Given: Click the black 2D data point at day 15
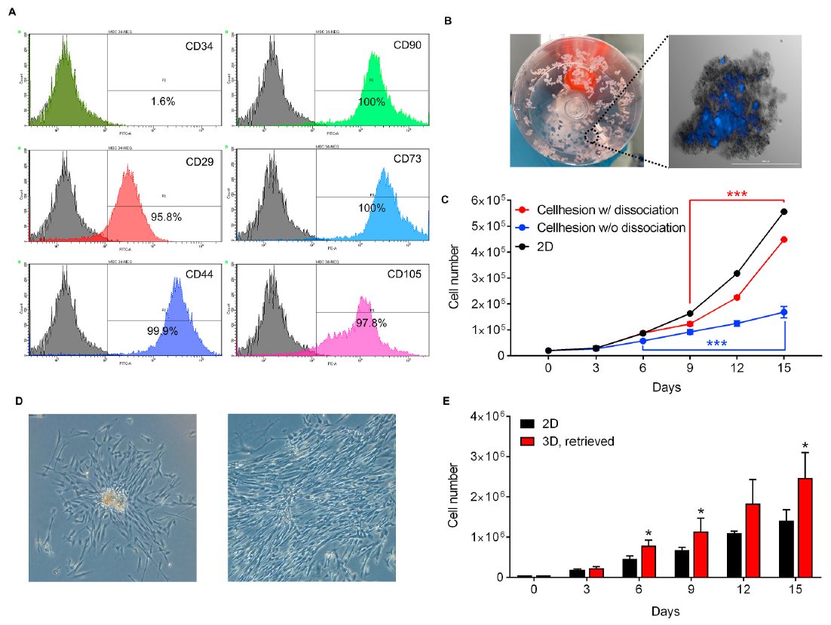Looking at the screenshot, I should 784,212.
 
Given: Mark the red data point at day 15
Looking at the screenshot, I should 784,240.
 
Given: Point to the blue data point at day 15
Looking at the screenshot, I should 784,312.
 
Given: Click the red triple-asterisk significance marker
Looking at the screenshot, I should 737,195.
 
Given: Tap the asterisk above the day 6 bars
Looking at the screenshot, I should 648,532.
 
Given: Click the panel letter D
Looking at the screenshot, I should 19,401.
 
